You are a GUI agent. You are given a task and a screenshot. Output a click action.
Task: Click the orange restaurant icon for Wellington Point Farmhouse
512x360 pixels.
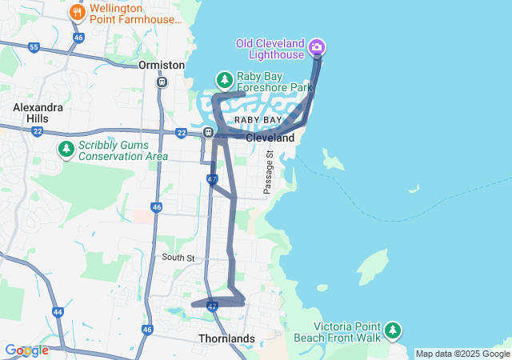click(78, 12)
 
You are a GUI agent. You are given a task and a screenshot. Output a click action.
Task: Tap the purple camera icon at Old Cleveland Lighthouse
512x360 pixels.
click(317, 47)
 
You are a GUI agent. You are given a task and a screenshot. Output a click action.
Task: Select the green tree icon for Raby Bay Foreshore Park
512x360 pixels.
click(225, 79)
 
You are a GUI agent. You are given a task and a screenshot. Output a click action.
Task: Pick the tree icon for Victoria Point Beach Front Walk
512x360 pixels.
click(392, 330)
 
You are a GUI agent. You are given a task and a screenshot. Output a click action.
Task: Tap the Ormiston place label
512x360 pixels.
click(162, 65)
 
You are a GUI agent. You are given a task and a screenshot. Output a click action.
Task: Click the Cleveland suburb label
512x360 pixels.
click(270, 138)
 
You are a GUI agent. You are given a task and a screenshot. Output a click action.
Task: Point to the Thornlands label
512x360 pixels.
click(226, 338)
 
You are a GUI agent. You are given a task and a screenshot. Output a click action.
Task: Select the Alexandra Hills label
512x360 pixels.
click(30, 112)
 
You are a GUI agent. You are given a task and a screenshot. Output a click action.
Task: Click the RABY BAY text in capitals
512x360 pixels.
click(258, 120)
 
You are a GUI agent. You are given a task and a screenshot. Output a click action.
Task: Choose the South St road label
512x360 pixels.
click(178, 258)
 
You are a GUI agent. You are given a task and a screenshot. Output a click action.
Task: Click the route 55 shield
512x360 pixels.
click(34, 48)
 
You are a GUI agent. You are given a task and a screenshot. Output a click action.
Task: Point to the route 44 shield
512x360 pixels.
click(58, 311)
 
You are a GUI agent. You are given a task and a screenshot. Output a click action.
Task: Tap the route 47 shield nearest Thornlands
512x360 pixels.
click(212, 306)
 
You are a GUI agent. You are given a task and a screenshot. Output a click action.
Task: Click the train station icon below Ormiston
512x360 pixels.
click(162, 82)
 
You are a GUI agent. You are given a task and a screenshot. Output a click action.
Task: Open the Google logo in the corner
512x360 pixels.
click(26, 350)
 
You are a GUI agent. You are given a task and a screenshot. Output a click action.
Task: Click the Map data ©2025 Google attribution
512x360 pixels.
click(462, 354)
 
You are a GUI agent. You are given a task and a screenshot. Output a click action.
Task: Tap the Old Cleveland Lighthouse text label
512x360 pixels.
click(270, 49)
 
